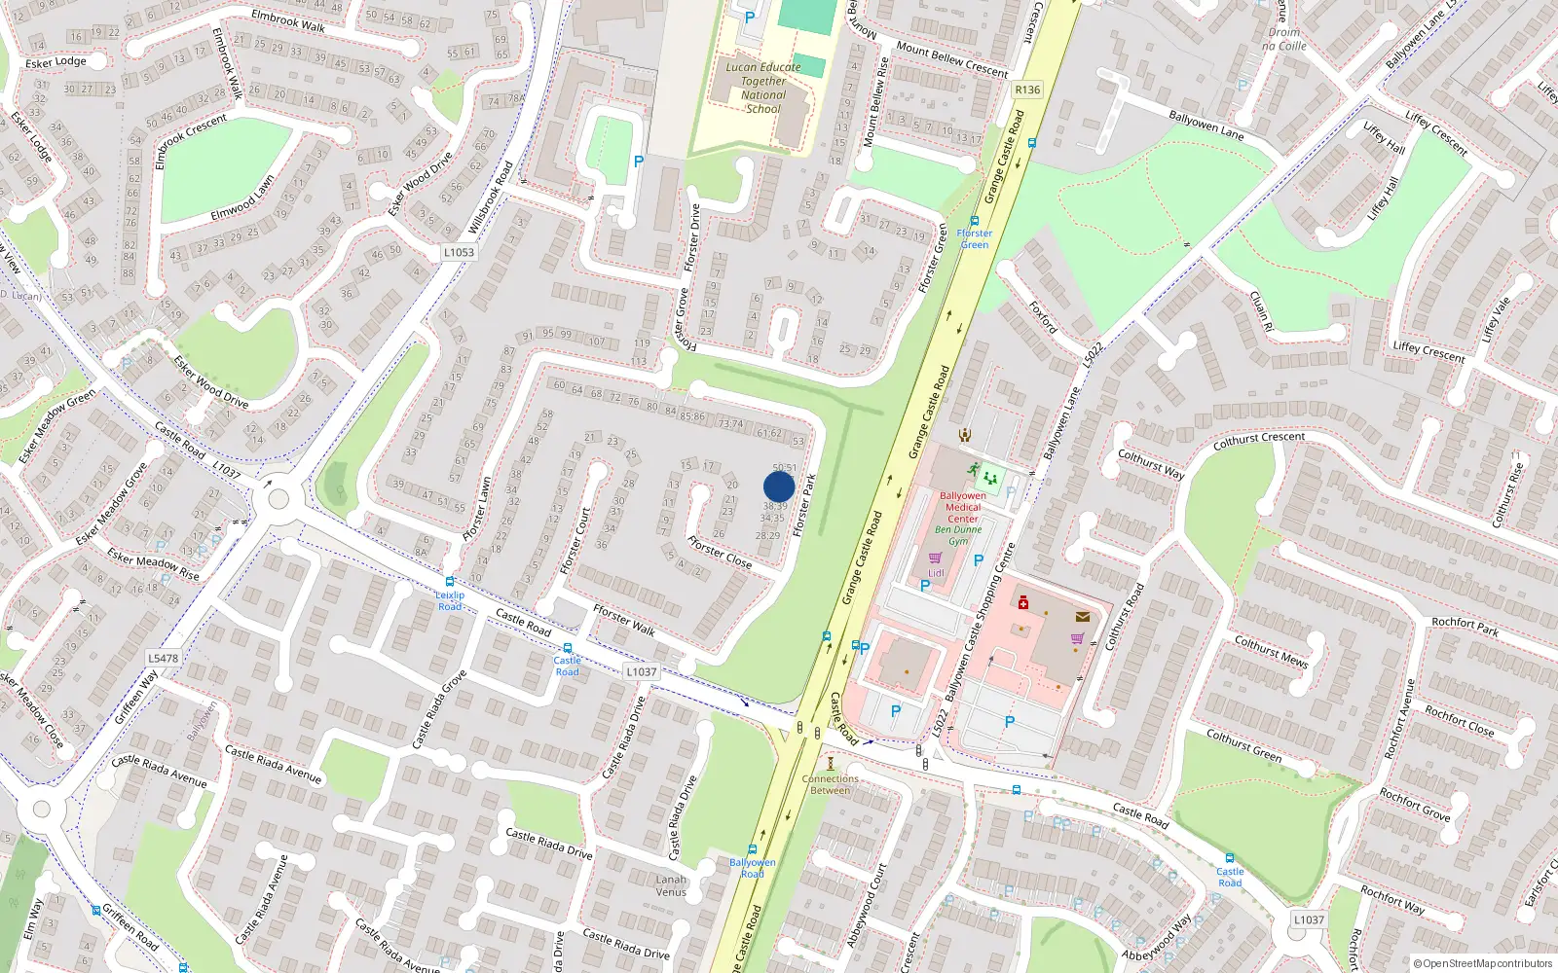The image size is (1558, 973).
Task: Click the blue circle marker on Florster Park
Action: click(x=779, y=486)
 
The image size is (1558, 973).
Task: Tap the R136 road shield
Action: click(x=1027, y=90)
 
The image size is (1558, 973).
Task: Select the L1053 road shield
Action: click(x=459, y=252)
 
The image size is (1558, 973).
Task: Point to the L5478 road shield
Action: click(x=163, y=658)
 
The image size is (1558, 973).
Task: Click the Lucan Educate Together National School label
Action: click(x=763, y=88)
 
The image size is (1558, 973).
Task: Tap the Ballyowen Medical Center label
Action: click(x=962, y=507)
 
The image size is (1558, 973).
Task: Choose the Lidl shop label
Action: click(x=936, y=573)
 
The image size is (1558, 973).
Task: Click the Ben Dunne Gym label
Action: click(x=958, y=535)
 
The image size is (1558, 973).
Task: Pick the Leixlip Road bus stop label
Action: click(x=450, y=600)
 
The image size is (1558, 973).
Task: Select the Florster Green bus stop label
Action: click(x=975, y=238)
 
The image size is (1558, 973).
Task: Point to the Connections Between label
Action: click(x=830, y=784)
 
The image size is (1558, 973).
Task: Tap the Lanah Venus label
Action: click(x=671, y=885)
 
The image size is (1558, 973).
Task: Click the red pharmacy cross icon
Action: click(x=1022, y=603)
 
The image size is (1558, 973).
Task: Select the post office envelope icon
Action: click(x=1082, y=617)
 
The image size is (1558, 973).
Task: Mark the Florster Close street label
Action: click(x=720, y=552)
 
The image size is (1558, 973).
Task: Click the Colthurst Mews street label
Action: click(x=1271, y=651)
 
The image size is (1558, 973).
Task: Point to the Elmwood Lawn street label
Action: click(x=242, y=198)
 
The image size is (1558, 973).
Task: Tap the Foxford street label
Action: click(x=1043, y=317)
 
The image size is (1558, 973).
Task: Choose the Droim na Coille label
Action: click(x=1284, y=39)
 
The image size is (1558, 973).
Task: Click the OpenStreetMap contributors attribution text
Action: click(x=1483, y=963)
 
